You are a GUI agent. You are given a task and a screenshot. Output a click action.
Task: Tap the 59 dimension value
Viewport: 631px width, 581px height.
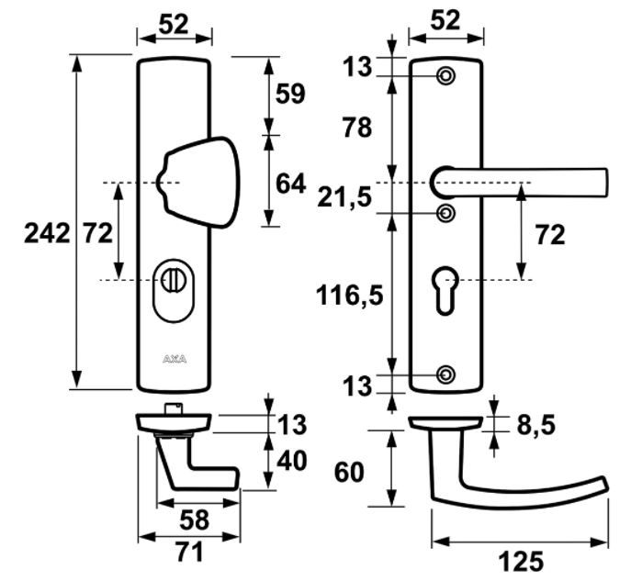[x=291, y=94]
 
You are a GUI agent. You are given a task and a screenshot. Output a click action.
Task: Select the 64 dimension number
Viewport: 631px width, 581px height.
[x=291, y=183]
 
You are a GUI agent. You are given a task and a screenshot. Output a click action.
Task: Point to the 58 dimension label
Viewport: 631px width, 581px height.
[x=195, y=520]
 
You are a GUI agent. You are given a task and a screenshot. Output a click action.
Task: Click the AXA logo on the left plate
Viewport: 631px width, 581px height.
[x=175, y=359]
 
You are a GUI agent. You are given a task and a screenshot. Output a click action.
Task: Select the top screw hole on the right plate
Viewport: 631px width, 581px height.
[x=446, y=76]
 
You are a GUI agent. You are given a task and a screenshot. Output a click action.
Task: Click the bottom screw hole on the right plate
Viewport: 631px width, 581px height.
[x=446, y=374]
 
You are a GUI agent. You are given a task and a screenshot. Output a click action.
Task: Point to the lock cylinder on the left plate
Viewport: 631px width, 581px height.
[x=174, y=280]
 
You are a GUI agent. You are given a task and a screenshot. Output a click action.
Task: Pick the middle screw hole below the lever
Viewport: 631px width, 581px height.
[x=446, y=214]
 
